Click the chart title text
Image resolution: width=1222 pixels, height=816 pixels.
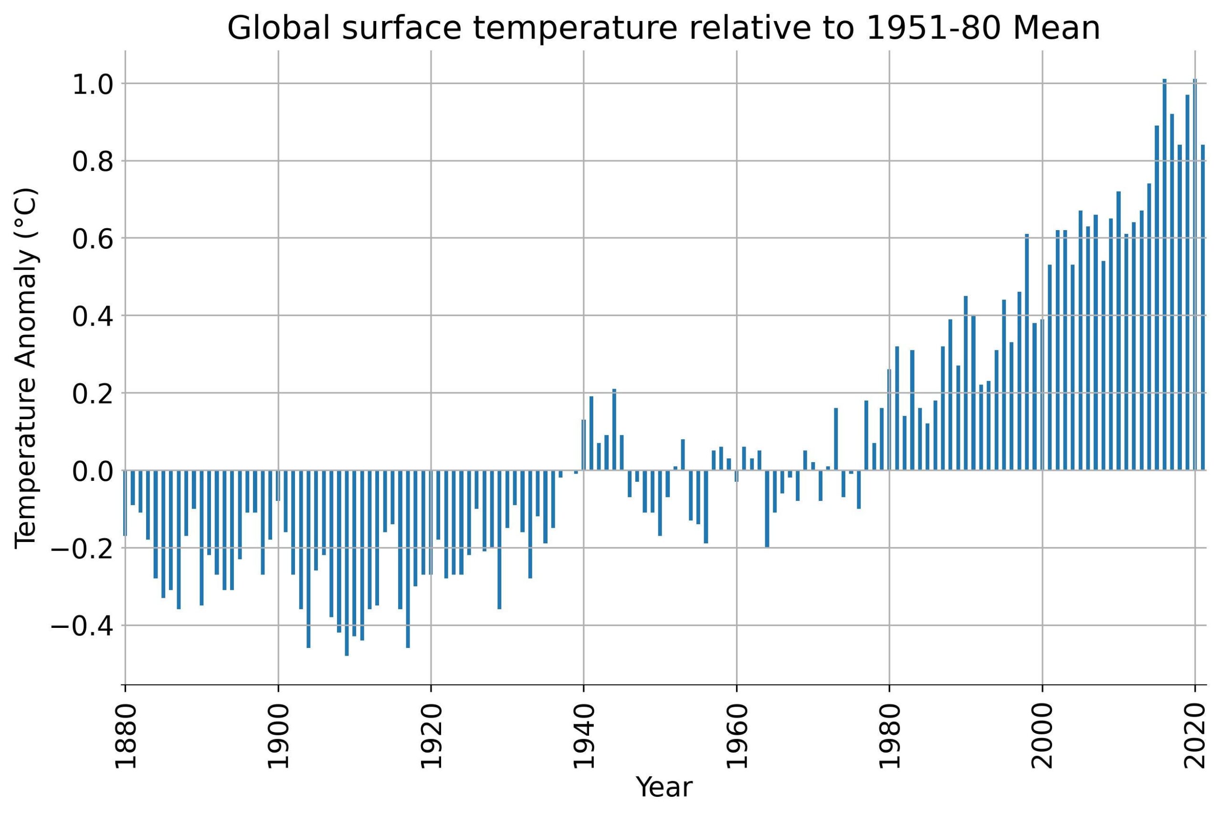(664, 28)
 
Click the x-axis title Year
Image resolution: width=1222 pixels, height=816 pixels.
(664, 787)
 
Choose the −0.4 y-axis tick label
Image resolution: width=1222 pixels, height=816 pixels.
(82, 626)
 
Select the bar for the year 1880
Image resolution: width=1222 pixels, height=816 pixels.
(126, 503)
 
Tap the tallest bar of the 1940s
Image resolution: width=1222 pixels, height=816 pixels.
(614, 429)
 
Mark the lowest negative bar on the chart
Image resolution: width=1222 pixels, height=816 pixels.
(347, 562)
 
